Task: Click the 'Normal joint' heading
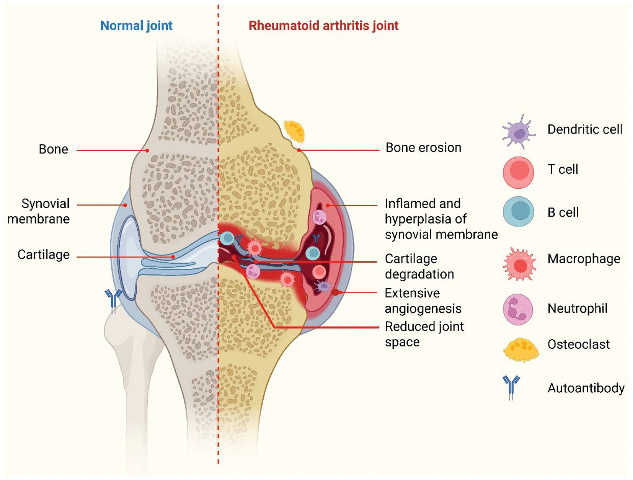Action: click(136, 26)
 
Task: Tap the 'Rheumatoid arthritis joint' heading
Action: click(323, 26)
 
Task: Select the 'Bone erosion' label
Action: click(423, 148)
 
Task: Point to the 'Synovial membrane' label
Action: click(39, 211)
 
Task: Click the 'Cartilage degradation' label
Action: click(419, 266)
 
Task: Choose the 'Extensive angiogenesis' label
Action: click(423, 301)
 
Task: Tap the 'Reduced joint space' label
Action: click(424, 334)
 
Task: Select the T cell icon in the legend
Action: click(519, 172)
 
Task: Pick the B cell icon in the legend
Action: click(519, 212)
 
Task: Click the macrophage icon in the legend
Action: click(520, 264)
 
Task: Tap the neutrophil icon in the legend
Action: click(518, 309)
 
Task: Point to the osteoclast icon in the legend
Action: click(520, 349)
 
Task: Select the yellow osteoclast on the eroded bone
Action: click(294, 131)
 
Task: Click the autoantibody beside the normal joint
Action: click(113, 300)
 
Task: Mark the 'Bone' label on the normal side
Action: click(53, 149)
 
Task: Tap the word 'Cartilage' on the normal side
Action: click(44, 255)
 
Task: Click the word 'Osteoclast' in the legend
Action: click(578, 344)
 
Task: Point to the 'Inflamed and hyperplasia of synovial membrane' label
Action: click(441, 219)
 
